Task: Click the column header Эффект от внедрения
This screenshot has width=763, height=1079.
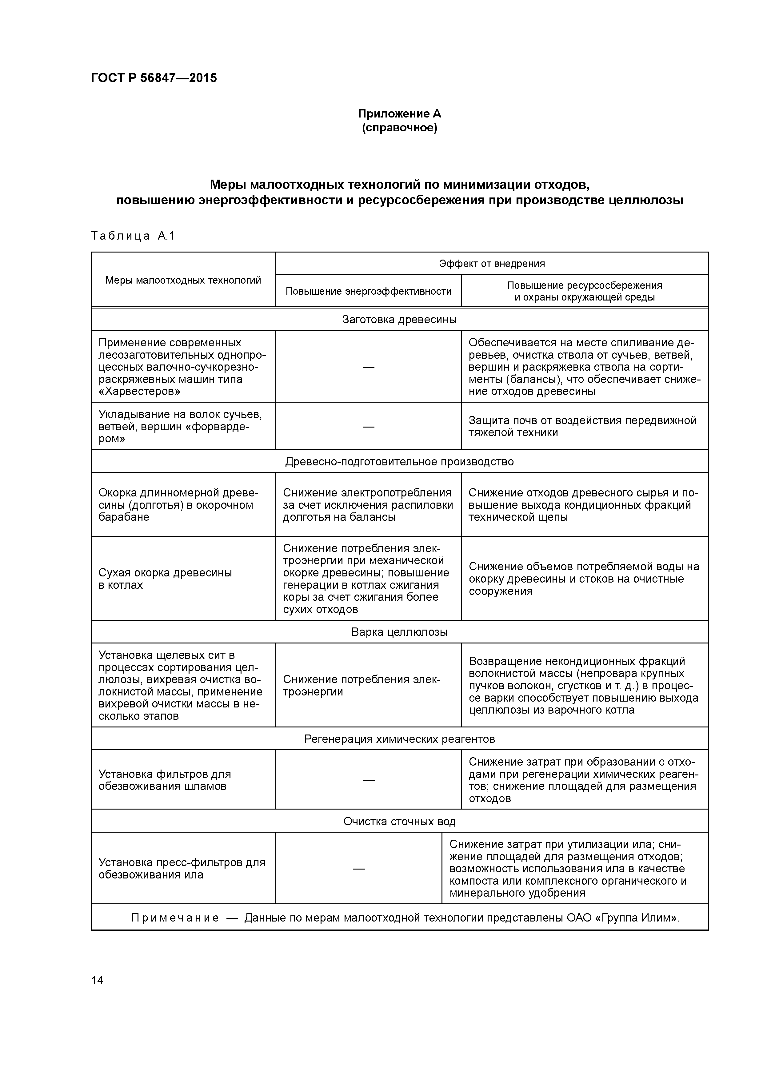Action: coord(491,264)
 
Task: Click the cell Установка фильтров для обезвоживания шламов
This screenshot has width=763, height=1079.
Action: coord(165,780)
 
